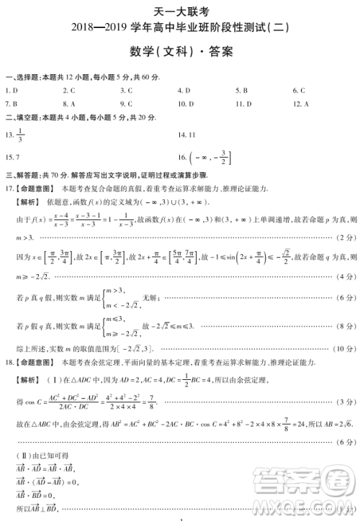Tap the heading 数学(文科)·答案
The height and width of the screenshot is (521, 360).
(180, 53)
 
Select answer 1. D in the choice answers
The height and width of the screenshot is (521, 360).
(12, 91)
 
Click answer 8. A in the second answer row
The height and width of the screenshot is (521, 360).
(70, 104)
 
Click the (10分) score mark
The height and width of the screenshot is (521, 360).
(343, 348)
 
